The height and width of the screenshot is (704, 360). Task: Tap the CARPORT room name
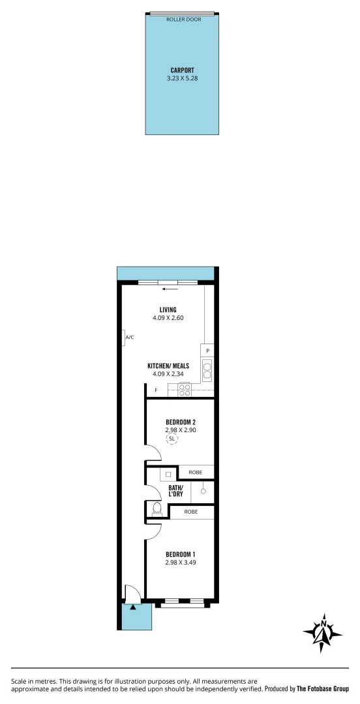tap(182, 70)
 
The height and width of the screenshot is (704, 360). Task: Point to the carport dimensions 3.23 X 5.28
tap(182, 78)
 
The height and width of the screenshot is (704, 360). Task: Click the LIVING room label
tap(168, 310)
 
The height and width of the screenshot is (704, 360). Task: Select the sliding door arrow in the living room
tap(170, 289)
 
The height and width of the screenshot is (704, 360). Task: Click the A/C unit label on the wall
tap(129, 337)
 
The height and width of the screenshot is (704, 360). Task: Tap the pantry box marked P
tap(207, 351)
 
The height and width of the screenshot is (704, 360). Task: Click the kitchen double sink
tap(207, 370)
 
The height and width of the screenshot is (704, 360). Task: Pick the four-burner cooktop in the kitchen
tap(184, 390)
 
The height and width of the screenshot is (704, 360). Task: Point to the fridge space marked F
tap(156, 390)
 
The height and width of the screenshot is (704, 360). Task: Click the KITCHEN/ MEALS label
tap(168, 366)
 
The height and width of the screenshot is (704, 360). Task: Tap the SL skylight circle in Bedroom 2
tap(172, 439)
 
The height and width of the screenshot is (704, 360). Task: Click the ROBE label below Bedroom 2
tap(195, 472)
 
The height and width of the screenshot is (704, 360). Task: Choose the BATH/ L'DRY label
tap(176, 491)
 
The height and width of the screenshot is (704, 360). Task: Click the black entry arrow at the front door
tap(133, 606)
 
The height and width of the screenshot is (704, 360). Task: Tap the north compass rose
tap(322, 632)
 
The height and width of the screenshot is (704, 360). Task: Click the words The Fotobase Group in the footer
tap(323, 688)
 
